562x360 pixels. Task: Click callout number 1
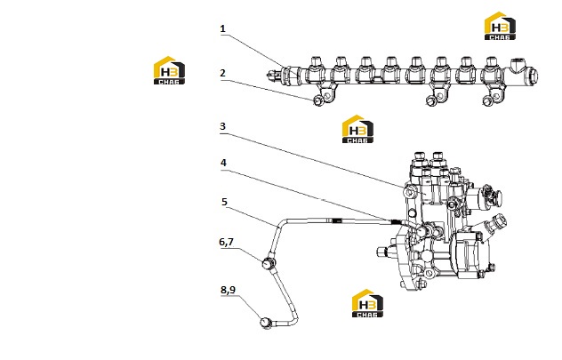coord(222,28)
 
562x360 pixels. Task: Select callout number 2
coord(222,73)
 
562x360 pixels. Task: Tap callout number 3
coord(222,126)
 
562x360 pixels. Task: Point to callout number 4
coord(223,163)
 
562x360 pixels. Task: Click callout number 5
coord(224,202)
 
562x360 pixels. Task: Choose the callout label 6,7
coord(226,242)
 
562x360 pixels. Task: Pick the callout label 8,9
coord(228,290)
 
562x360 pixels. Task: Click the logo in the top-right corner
coord(500,26)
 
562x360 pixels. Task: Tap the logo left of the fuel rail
coord(169,70)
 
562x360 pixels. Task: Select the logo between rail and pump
coord(357,129)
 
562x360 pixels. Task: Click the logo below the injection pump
coord(367,303)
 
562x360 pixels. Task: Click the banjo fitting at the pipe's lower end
coord(266,323)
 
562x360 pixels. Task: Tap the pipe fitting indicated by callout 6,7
coord(269,264)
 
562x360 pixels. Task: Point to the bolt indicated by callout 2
coord(318,101)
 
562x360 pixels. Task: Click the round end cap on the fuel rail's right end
coord(532,76)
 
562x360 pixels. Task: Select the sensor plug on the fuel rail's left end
coord(274,76)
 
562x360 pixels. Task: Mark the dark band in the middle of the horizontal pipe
coord(336,220)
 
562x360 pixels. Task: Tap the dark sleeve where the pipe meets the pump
coord(395,222)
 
